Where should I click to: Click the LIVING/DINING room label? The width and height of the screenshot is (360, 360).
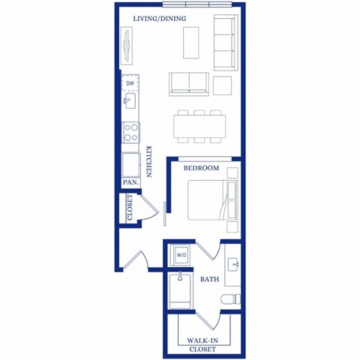(x=160, y=18)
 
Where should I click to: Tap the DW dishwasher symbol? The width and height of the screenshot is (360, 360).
(x=130, y=83)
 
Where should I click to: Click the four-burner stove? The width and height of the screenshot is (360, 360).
(x=130, y=132)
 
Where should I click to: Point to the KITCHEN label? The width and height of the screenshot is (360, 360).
(x=149, y=161)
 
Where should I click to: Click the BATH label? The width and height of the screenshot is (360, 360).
(x=209, y=280)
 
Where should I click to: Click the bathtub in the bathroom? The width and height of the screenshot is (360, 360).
(x=181, y=292)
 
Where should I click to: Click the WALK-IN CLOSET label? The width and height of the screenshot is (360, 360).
(x=202, y=344)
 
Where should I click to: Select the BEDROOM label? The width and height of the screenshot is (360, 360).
(x=202, y=168)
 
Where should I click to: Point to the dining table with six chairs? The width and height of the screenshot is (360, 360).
(x=199, y=125)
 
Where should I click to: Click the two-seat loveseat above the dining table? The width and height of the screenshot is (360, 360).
(x=188, y=83)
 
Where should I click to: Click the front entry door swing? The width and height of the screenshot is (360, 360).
(x=136, y=259)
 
